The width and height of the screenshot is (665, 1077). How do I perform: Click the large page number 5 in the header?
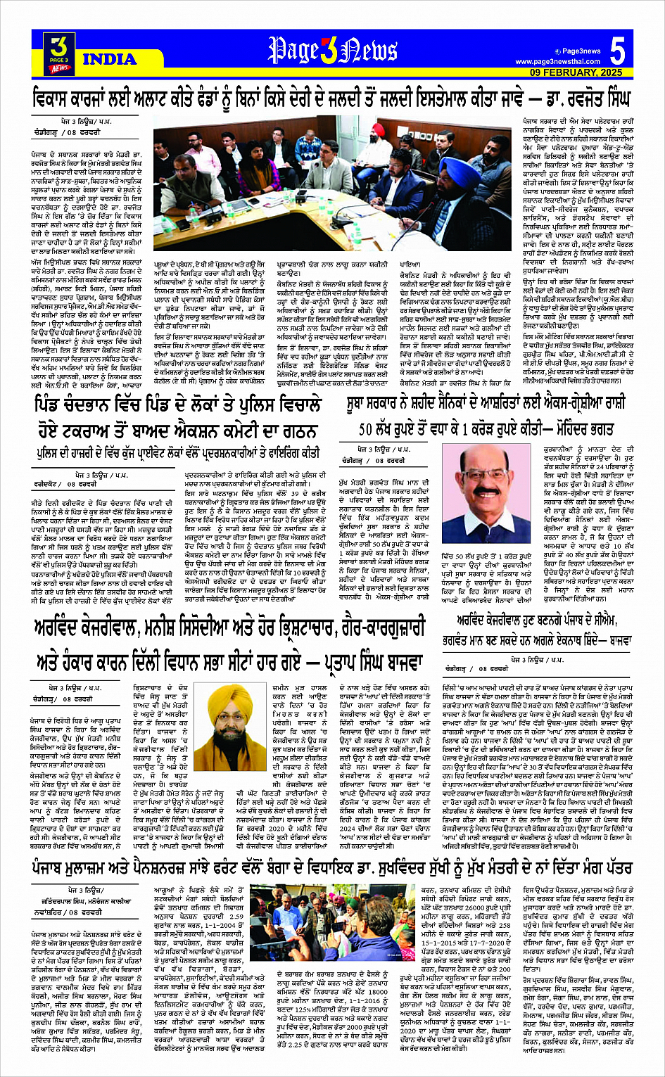(x=617, y=53)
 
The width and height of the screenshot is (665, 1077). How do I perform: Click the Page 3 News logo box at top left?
(x=60, y=54)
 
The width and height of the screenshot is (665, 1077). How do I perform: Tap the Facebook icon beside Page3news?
(x=557, y=51)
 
